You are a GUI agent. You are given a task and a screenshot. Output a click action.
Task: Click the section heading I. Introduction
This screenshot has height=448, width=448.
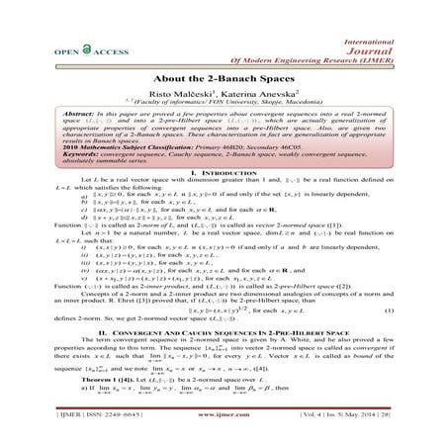point(224,201)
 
